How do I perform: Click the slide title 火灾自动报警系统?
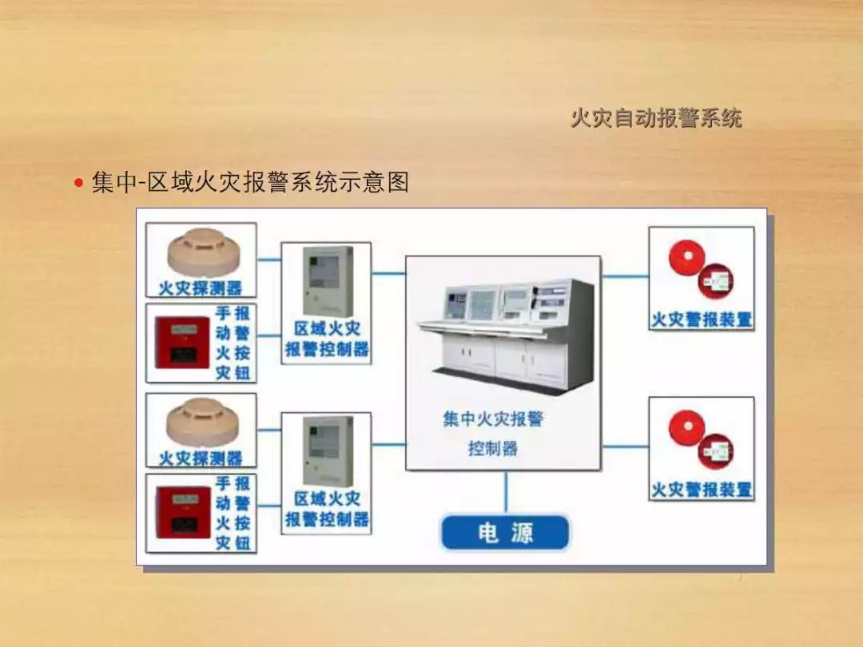[x=656, y=118]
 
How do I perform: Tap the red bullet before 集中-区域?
[x=78, y=184]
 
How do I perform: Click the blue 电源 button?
[x=505, y=533]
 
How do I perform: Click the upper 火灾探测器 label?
[x=200, y=288]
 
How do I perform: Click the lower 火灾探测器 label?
[x=200, y=458]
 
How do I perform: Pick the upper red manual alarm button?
[x=181, y=342]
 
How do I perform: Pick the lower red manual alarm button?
[x=181, y=512]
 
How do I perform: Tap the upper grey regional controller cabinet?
[x=327, y=282]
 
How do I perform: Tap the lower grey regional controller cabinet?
[x=327, y=451]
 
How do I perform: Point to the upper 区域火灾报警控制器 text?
[x=327, y=339]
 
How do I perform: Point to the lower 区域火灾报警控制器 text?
[x=327, y=509]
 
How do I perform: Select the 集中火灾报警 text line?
[x=493, y=419]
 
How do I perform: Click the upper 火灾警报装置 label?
[x=702, y=320]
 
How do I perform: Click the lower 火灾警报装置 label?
[x=702, y=489]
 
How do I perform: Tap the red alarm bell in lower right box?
[x=686, y=429]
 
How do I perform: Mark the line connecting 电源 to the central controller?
[x=505, y=492]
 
